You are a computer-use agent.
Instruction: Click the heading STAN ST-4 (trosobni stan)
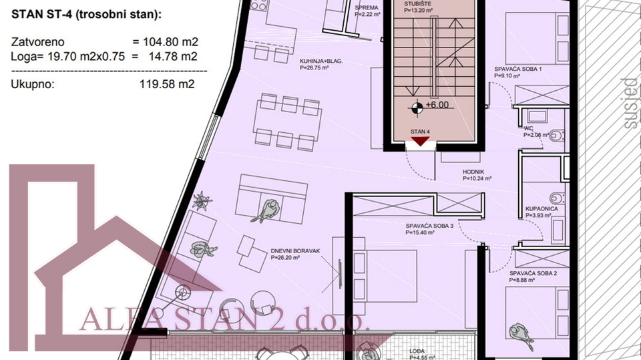tap(85, 15)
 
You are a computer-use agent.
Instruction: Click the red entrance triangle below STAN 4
tap(419, 141)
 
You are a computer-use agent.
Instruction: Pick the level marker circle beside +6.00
tap(417, 106)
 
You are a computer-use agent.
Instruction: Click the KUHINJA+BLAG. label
tap(321, 61)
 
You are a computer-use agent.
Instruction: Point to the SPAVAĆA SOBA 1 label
tap(517, 69)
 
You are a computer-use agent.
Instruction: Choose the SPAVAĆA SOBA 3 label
tap(429, 226)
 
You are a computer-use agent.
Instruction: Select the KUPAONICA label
tap(542, 209)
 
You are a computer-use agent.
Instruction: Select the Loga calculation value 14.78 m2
tap(170, 56)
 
